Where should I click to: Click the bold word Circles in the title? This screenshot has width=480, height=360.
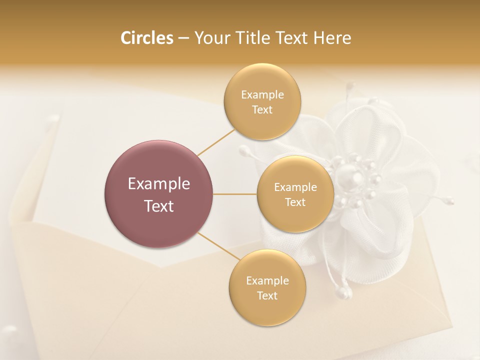point(147,38)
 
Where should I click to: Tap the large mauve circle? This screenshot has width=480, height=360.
point(158,194)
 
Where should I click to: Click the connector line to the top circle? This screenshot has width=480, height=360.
point(216,142)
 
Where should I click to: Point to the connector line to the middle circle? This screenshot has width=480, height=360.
point(234,194)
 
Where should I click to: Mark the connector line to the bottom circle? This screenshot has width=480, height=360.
point(218,247)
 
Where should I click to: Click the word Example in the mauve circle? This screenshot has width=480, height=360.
point(159,183)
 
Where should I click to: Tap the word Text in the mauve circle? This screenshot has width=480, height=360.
point(159,206)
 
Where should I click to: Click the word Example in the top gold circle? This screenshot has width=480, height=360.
point(262,95)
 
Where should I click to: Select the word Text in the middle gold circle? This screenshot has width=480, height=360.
point(295,202)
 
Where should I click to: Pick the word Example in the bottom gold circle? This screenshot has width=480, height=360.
point(267,280)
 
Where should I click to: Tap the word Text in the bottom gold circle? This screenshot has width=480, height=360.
point(267,295)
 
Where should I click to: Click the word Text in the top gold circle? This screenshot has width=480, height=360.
point(262,110)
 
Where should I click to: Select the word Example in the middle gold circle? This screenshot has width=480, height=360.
point(295,187)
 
